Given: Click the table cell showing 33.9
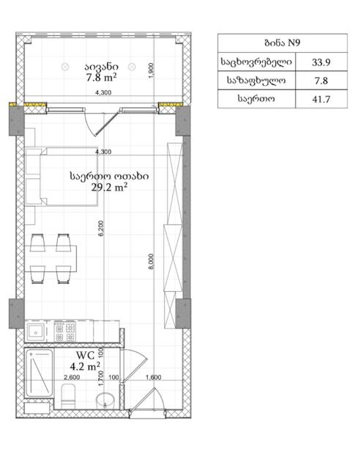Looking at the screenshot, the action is [321, 62].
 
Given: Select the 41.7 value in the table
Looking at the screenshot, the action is [321, 99].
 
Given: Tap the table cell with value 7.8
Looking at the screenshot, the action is [321, 81].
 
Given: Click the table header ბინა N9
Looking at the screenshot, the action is [283, 43].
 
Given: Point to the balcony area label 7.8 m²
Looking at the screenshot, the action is [101, 77].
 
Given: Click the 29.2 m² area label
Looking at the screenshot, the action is [109, 188].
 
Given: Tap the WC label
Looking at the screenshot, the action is [85, 356].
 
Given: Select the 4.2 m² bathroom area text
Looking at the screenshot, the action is [85, 367].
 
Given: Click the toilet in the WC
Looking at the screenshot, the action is [68, 396].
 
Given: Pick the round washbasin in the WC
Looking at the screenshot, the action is [105, 400].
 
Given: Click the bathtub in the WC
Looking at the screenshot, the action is [39, 373].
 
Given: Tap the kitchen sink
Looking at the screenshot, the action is [36, 332].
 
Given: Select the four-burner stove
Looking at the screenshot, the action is [65, 331].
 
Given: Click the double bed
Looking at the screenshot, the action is [62, 177].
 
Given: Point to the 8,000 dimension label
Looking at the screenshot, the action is [151, 261].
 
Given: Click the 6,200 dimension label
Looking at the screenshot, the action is [101, 228].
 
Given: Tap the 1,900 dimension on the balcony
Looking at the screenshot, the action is [152, 70].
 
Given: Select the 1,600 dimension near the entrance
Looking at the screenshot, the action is [153, 377].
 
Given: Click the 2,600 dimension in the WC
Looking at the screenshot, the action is [72, 377].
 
